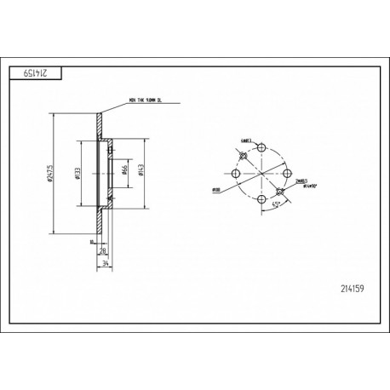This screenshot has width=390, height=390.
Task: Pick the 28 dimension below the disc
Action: coord(103,252)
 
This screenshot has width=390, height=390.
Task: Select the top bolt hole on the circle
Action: coord(261,145)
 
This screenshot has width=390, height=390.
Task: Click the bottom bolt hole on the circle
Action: coord(261,198)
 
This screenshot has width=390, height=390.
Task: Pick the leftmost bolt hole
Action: coord(233,172)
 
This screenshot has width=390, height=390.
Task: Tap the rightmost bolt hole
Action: coord(287,172)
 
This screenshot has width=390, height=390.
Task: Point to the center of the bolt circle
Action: coord(261,172)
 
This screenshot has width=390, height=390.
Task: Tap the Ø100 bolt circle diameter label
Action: coord(216,190)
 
